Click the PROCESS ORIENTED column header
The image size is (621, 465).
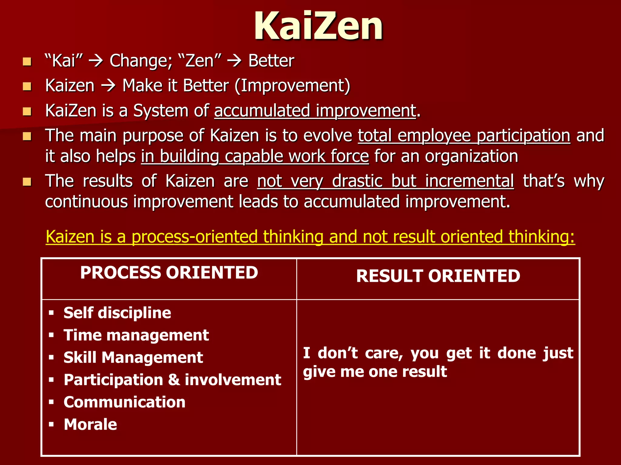(x=169, y=272)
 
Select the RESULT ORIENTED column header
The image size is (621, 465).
(x=438, y=276)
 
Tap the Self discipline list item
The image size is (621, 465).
(x=117, y=313)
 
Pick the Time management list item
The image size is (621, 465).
(x=136, y=335)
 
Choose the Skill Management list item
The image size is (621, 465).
(x=133, y=358)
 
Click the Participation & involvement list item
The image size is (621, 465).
(x=172, y=380)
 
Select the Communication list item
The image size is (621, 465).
(x=124, y=402)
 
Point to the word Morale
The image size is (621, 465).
(x=90, y=424)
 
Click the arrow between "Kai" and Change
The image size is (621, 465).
(x=96, y=61)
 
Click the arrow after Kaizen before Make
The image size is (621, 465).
(x=108, y=86)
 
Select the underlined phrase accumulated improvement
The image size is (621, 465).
(x=315, y=111)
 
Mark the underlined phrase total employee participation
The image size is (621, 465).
(x=464, y=135)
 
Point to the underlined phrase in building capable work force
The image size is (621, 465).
(x=255, y=157)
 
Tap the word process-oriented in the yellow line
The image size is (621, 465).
(x=194, y=237)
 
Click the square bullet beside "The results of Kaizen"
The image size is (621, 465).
(x=27, y=182)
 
